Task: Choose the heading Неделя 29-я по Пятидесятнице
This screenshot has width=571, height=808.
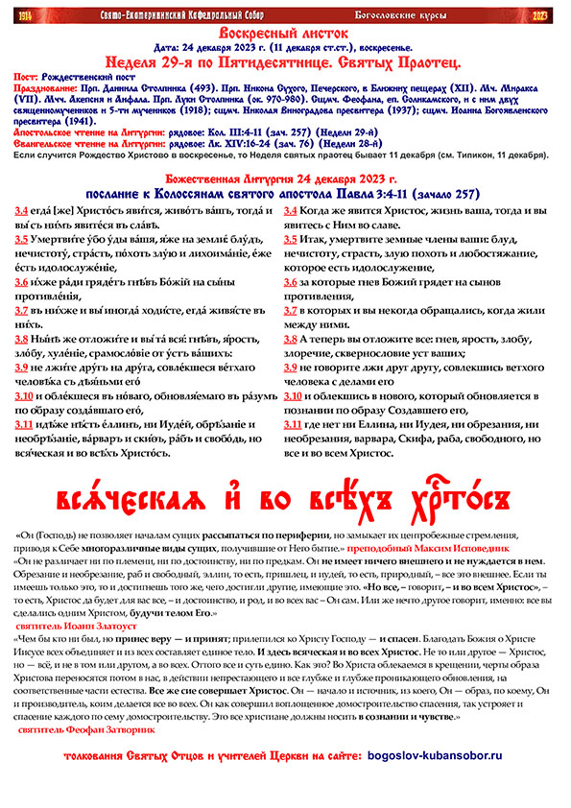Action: tap(285, 57)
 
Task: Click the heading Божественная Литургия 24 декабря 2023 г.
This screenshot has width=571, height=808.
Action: tap(285, 178)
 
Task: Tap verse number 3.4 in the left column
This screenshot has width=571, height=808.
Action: tap(21, 210)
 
